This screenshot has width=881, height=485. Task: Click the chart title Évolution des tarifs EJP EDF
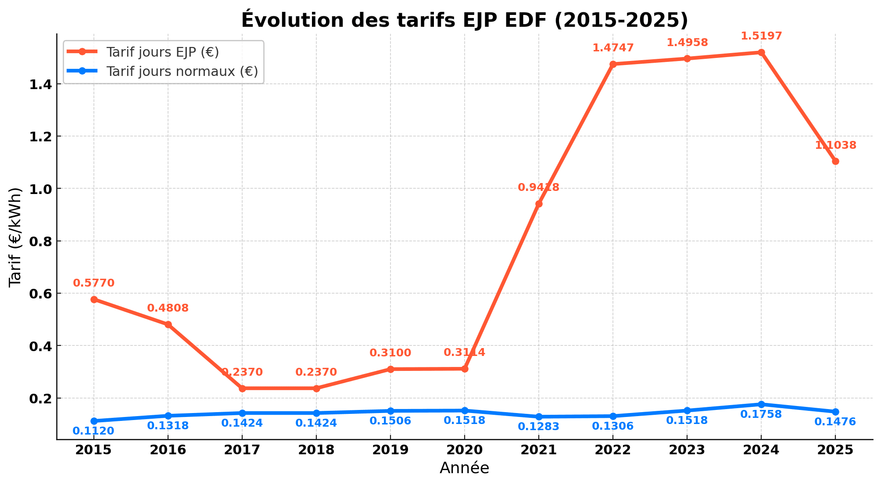click(x=464, y=20)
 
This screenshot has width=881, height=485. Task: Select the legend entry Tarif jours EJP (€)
click(x=162, y=52)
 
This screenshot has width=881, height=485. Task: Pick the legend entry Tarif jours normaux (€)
click(x=182, y=71)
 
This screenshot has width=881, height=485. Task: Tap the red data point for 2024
click(x=761, y=52)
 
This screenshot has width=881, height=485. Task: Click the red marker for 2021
click(x=539, y=204)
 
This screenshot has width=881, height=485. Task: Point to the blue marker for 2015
click(x=94, y=421)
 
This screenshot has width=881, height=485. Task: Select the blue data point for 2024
click(x=761, y=404)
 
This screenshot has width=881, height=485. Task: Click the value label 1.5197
click(x=761, y=36)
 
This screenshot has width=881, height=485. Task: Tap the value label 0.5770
click(x=93, y=283)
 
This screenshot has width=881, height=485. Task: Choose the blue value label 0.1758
click(x=761, y=414)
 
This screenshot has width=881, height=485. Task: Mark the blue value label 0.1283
click(x=539, y=427)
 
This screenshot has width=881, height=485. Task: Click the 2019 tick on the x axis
click(x=390, y=450)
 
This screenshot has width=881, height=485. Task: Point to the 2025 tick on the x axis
click(x=835, y=450)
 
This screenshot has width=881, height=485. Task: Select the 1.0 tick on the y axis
click(x=40, y=189)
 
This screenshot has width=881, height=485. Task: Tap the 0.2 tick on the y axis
click(x=40, y=399)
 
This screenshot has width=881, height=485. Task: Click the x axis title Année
click(x=464, y=468)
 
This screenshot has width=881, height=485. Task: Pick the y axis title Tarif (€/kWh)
click(x=16, y=237)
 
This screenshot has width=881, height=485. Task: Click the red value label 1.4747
click(x=613, y=48)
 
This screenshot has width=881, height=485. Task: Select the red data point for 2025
click(x=835, y=161)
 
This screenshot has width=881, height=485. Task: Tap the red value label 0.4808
click(x=168, y=308)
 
